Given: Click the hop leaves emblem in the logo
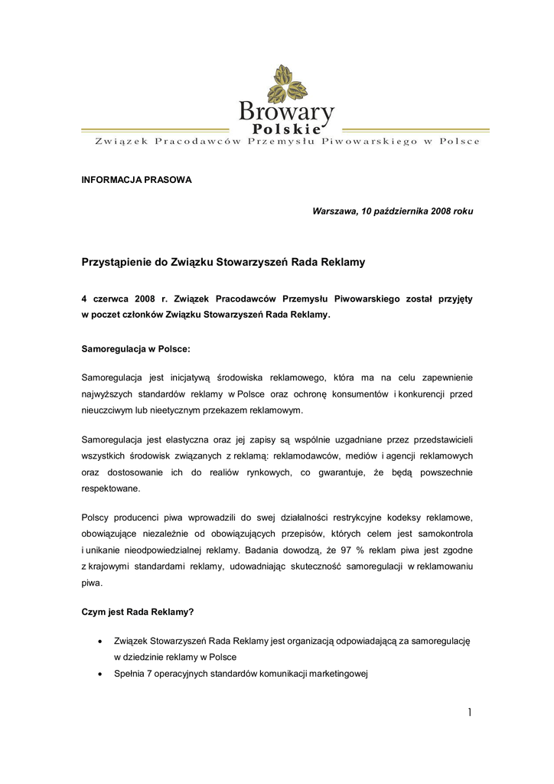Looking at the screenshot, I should pyautogui.click(x=286, y=83).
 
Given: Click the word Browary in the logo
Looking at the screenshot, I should pyautogui.click(x=286, y=113).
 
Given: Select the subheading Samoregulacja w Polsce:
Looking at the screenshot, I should pyautogui.click(x=135, y=348).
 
